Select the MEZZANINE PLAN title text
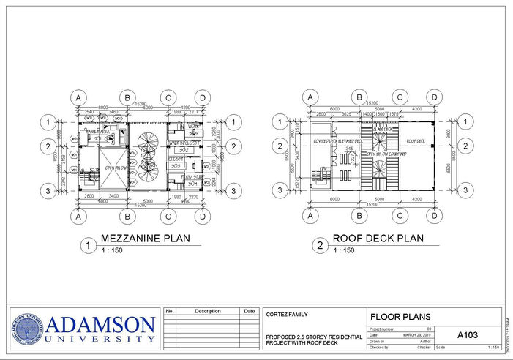(x=145, y=238)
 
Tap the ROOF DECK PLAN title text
(x=378, y=238)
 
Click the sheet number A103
(x=467, y=334)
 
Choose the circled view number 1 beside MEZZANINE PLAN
(x=88, y=246)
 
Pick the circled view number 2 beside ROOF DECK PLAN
(x=320, y=246)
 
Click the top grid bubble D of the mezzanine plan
(x=201, y=97)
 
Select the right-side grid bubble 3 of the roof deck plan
(x=465, y=190)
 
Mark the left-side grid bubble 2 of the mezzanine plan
(x=48, y=146)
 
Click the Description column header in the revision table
(x=207, y=311)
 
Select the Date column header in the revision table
(x=250, y=311)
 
